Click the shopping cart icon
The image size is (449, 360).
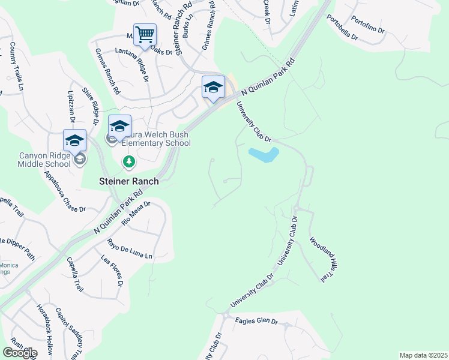point(145,35)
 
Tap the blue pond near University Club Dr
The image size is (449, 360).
point(263,155)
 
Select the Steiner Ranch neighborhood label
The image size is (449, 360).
point(129,181)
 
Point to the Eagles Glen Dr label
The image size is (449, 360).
point(256,322)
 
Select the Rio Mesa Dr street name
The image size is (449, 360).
point(136,214)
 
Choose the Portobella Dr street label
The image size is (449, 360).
point(342,28)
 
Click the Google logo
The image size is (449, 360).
point(20,352)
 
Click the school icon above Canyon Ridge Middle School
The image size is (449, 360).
point(74,141)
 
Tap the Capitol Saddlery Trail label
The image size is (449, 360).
point(71,333)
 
